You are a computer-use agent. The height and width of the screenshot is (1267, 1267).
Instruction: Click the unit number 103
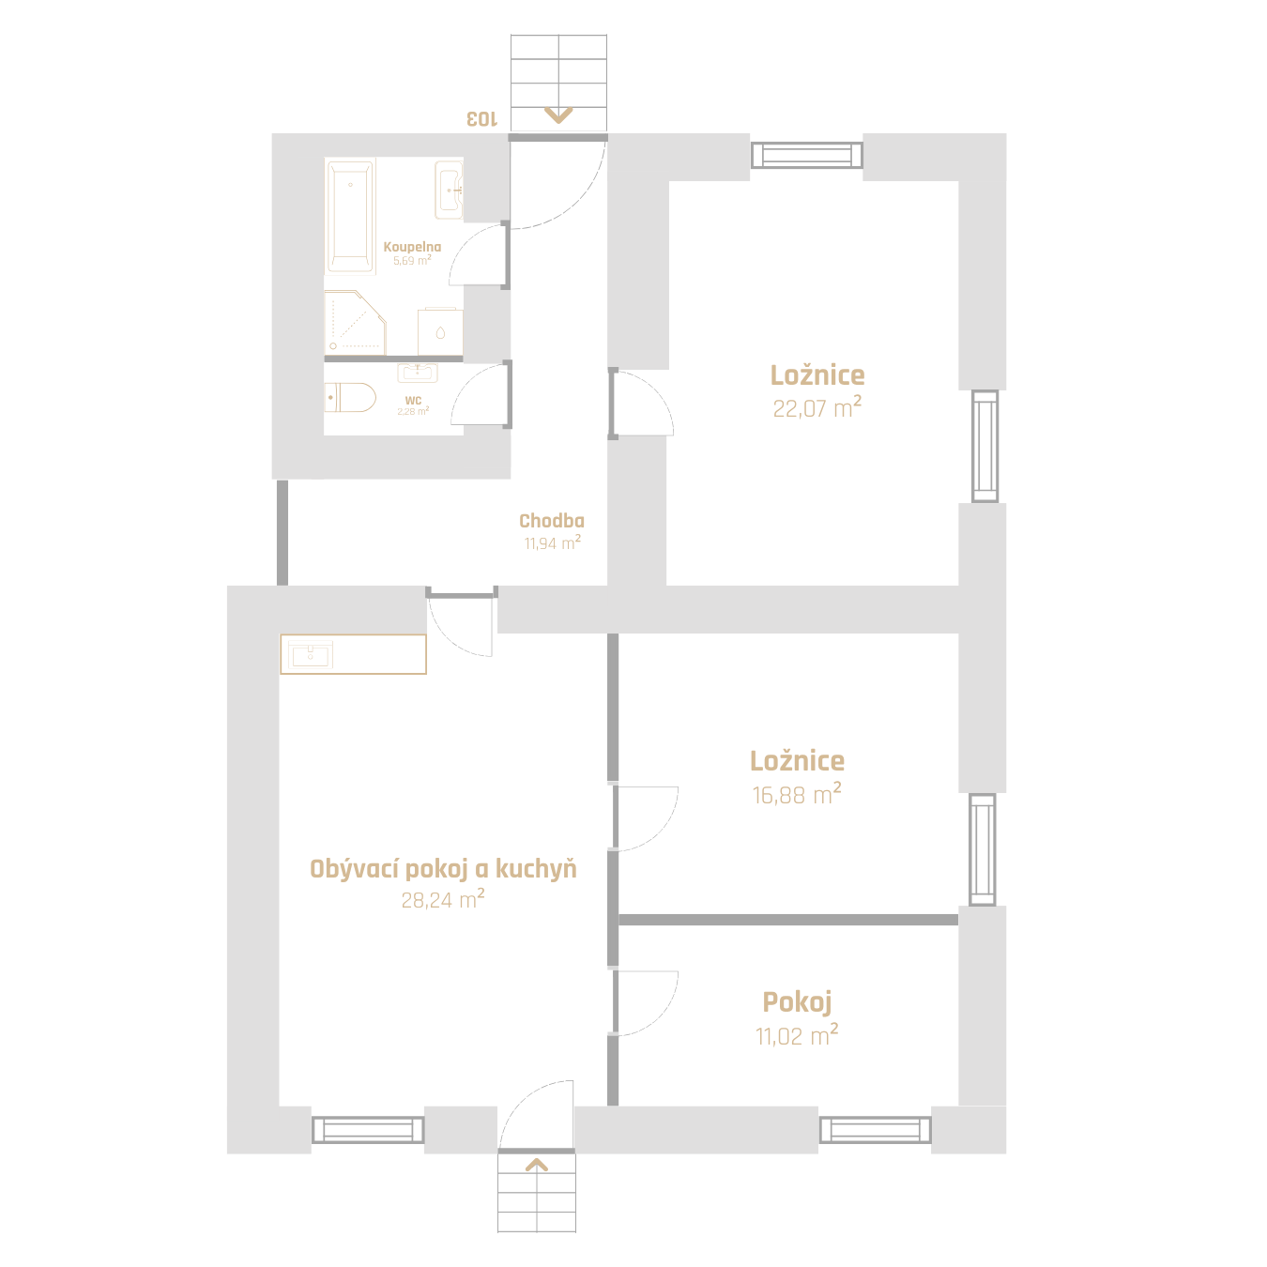click(481, 119)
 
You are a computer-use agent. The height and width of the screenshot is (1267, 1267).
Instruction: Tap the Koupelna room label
click(412, 247)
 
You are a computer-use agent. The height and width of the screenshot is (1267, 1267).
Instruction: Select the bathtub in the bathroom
click(350, 216)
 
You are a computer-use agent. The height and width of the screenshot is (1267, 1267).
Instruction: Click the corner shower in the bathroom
click(355, 322)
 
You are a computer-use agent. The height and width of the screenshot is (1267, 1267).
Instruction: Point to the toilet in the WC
click(350, 398)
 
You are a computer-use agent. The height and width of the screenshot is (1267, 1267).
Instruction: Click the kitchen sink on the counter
click(311, 654)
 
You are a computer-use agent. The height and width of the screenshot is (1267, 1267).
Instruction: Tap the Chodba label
click(552, 521)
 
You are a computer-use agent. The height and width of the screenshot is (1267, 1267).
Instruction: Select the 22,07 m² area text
click(817, 407)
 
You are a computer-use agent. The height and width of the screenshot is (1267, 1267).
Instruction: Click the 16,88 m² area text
click(796, 794)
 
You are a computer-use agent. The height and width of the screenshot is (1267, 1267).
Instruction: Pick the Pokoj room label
click(797, 1002)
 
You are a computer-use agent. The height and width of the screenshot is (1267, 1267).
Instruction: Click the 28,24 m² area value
click(442, 899)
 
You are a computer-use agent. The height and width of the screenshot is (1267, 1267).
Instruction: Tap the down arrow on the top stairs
click(558, 115)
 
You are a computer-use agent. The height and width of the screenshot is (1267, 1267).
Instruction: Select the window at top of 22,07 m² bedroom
click(806, 156)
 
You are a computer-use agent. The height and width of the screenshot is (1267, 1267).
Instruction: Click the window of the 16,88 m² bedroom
click(983, 848)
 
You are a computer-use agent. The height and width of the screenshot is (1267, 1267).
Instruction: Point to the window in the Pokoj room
click(875, 1130)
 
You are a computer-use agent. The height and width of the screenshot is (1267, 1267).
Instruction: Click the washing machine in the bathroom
click(440, 331)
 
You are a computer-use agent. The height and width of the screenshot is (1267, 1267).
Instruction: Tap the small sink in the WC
click(418, 373)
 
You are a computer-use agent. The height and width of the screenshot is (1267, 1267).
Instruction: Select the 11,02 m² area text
click(796, 1035)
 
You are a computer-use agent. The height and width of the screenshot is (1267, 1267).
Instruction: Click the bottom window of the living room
click(368, 1130)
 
